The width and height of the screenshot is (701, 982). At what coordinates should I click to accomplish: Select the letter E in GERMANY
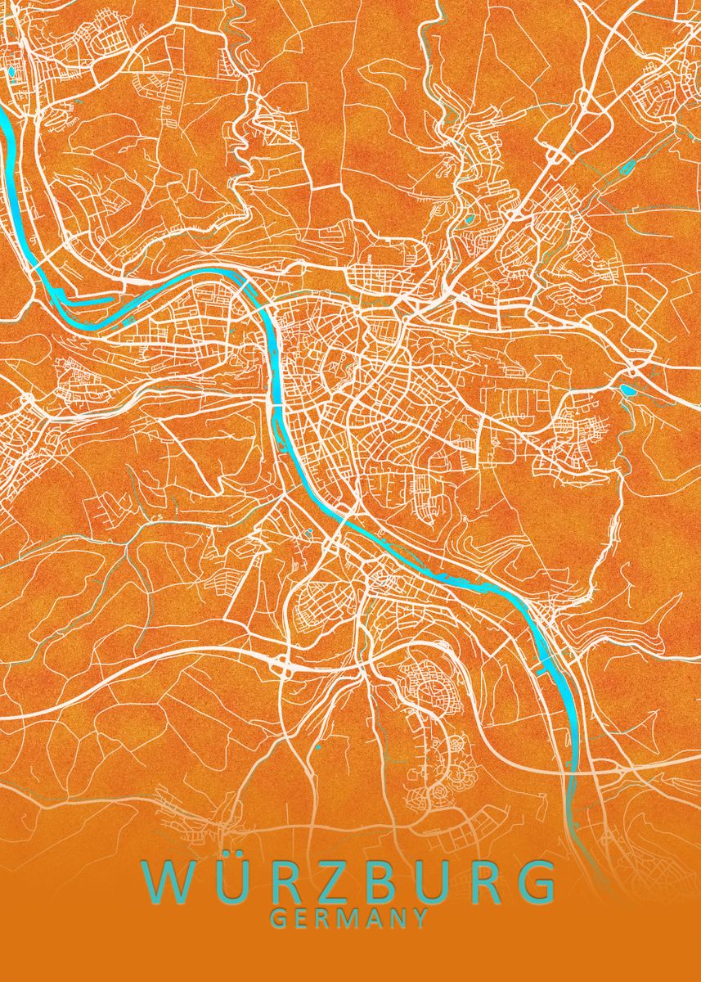point(301,919)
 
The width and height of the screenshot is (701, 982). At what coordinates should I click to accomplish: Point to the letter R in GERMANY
point(323,919)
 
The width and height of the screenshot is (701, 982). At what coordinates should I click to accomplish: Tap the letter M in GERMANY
point(348,919)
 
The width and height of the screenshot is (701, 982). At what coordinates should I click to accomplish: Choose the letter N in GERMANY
point(398,919)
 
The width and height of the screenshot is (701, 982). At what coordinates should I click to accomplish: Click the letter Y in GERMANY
point(420,919)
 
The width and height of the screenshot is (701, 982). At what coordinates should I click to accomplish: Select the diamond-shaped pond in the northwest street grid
point(11,72)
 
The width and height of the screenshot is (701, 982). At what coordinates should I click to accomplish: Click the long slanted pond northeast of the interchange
point(628,168)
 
